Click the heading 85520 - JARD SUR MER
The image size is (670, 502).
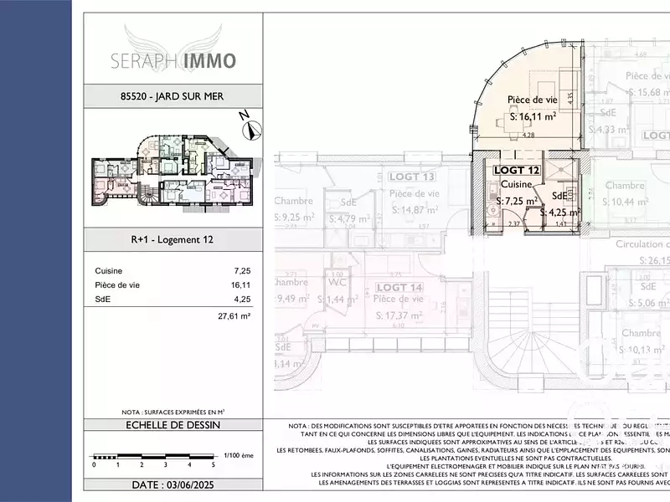pyautogui.click(x=173, y=95)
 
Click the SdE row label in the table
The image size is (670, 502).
pyautogui.click(x=103, y=298)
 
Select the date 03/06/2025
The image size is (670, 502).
pyautogui.click(x=173, y=484)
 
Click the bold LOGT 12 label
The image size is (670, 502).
pyautogui.click(x=517, y=170)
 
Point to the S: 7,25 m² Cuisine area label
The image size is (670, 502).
pyautogui.click(x=516, y=202)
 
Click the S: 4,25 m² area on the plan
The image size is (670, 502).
pyautogui.click(x=560, y=213)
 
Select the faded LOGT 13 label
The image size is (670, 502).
pyautogui.click(x=411, y=177)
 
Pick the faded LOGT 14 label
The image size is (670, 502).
pyautogui.click(x=400, y=288)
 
